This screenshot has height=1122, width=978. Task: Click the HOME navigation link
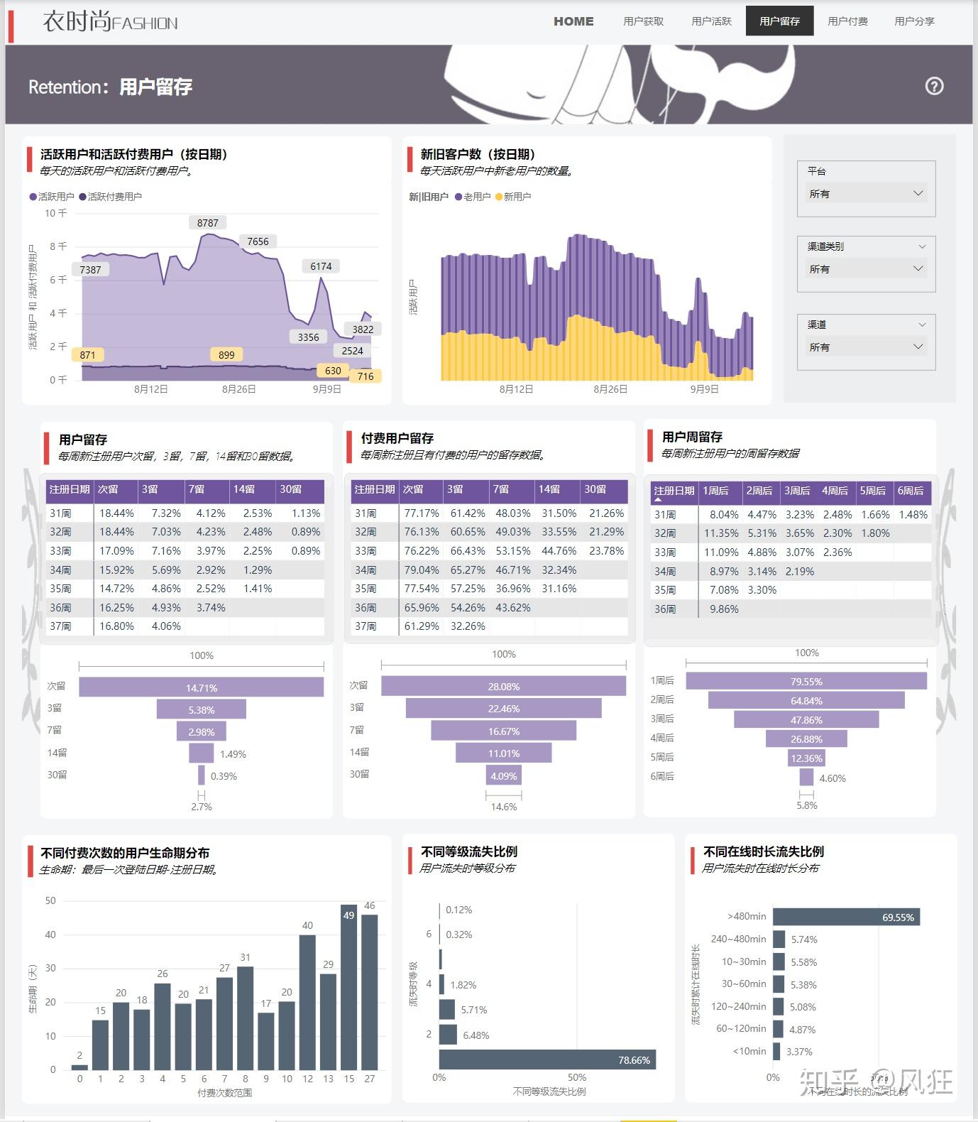pyautogui.click(x=573, y=21)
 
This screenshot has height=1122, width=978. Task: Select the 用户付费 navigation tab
pyautogui.click(x=847, y=21)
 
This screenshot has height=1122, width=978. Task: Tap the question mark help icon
pyautogui.click(x=934, y=86)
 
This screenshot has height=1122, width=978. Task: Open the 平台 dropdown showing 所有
pyautogui.click(x=866, y=193)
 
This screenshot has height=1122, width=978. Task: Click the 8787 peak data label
pyautogui.click(x=207, y=223)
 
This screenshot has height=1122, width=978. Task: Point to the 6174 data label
pyautogui.click(x=321, y=266)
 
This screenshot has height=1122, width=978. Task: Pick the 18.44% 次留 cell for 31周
pyautogui.click(x=116, y=513)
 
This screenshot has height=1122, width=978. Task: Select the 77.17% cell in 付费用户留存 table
pyautogui.click(x=422, y=513)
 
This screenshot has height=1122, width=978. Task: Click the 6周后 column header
pyautogui.click(x=911, y=491)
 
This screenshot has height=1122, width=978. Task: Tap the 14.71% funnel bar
pyautogui.click(x=202, y=687)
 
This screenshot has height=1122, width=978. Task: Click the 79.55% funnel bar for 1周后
pyautogui.click(x=806, y=682)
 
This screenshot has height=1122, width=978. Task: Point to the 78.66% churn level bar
pyautogui.click(x=547, y=1060)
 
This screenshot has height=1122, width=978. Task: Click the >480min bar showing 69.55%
pyautogui.click(x=846, y=917)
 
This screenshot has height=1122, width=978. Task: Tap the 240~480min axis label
pyautogui.click(x=738, y=939)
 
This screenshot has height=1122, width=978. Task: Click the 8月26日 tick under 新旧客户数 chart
pyautogui.click(x=610, y=389)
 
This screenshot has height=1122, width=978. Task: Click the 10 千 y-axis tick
pyautogui.click(x=55, y=213)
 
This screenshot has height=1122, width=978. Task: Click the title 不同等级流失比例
pyautogui.click(x=468, y=851)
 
